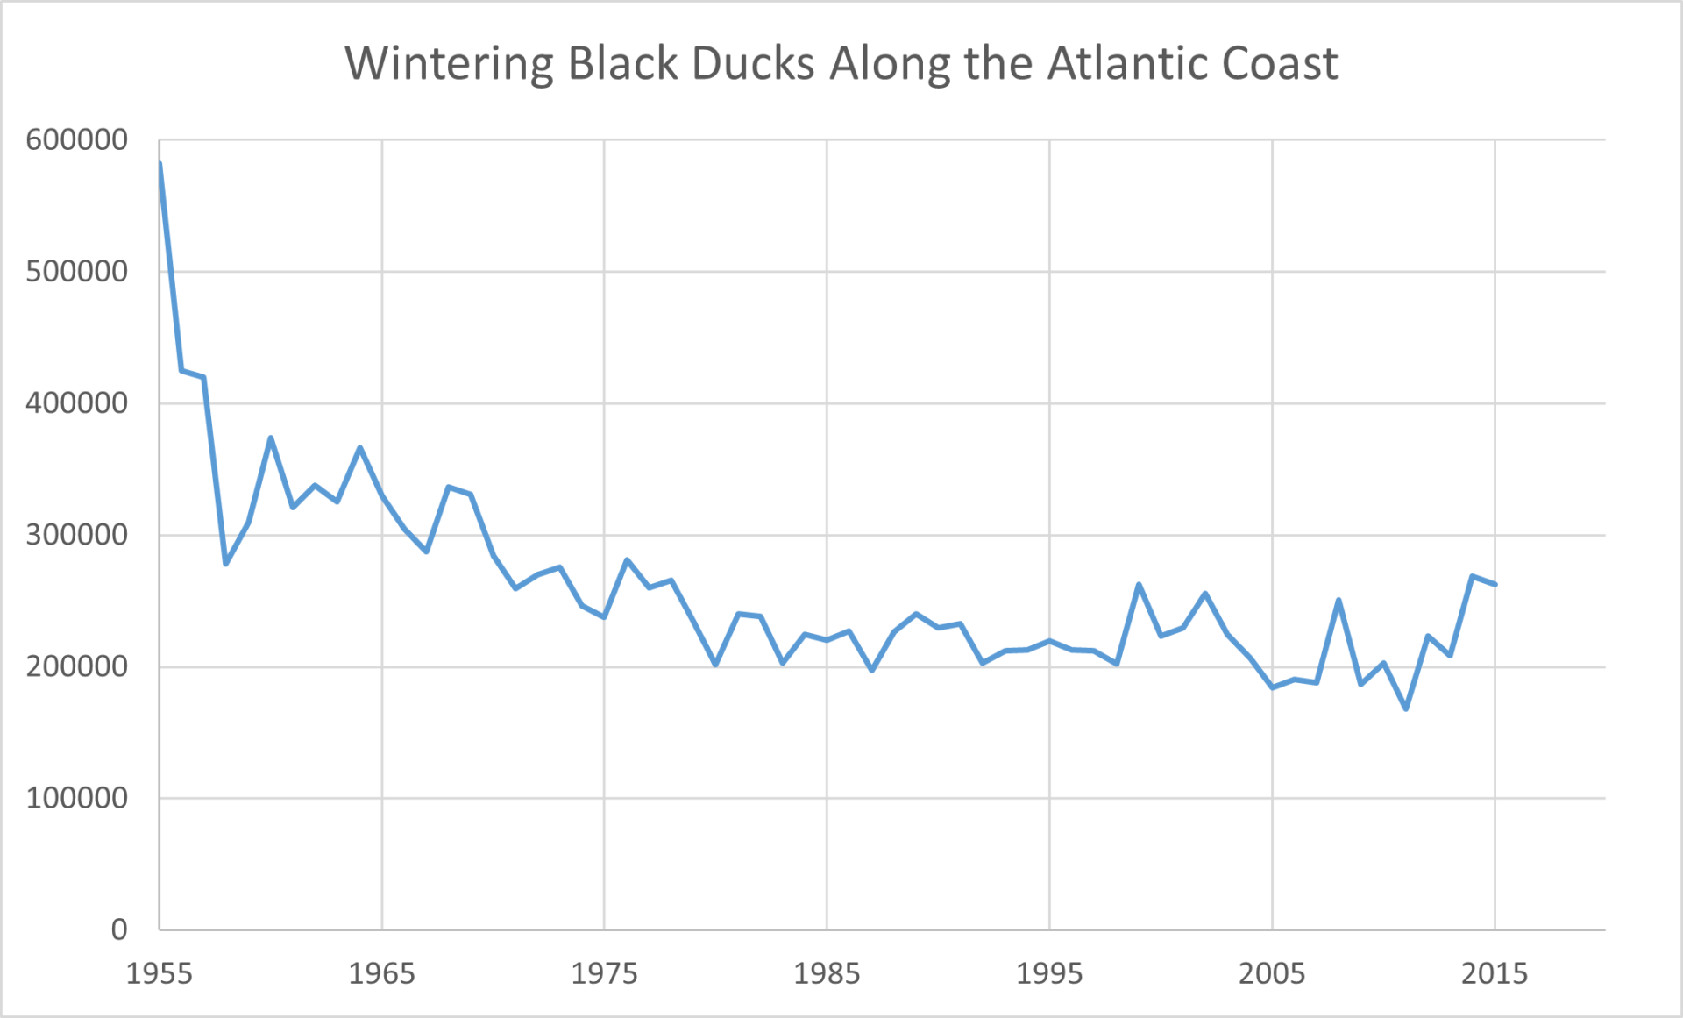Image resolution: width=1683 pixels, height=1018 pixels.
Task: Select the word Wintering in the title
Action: point(450,65)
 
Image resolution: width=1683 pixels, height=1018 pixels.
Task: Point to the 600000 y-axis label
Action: point(77,139)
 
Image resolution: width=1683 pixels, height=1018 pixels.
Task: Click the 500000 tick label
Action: point(77,271)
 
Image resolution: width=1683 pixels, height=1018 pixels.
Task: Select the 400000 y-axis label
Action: point(77,403)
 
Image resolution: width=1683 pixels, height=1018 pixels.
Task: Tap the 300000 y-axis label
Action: point(77,535)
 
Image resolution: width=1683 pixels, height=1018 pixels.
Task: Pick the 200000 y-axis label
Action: point(77,666)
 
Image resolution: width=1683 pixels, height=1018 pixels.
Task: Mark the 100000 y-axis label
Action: point(77,798)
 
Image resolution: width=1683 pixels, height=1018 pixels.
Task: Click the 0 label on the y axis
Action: point(119,929)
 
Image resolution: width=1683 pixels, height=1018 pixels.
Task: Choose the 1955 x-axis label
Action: point(160,973)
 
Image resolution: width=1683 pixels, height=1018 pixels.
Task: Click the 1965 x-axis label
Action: point(382,973)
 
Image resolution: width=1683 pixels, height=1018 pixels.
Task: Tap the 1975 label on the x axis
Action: point(605,973)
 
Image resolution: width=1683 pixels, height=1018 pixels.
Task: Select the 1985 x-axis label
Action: point(827,973)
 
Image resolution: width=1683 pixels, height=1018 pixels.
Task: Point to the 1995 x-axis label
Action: point(1049,973)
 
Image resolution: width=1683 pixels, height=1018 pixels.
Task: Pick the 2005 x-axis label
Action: point(1272,973)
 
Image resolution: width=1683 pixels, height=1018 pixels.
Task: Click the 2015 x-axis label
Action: point(1495,973)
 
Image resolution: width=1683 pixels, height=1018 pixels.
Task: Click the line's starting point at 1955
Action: point(160,163)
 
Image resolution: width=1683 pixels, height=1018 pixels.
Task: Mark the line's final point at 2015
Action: point(1495,584)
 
